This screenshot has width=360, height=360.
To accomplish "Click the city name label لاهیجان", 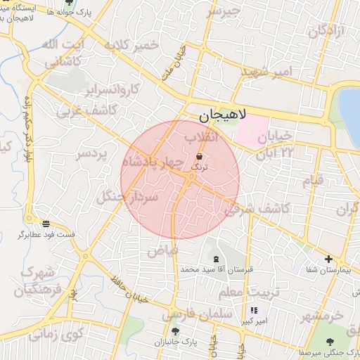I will coord(217,114).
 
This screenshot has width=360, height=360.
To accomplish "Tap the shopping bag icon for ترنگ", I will coord(200,156).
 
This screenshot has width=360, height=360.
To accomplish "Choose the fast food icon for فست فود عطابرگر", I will coord(46,224).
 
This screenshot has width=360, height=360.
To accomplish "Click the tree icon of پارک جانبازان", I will coord(174,331).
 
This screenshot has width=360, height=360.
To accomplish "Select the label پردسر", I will coord(91,153).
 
